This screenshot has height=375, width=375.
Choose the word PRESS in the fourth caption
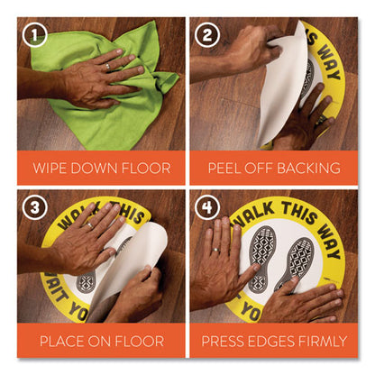click(227, 342)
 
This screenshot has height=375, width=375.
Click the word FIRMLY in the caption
click(322, 342)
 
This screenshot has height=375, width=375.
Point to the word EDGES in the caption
click(274, 342)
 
